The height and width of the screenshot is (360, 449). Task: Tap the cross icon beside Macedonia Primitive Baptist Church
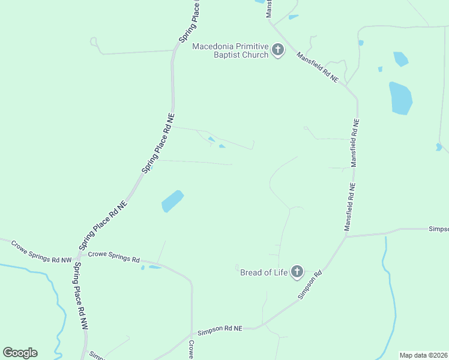[278, 50]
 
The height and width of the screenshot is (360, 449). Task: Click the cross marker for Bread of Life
[297, 272]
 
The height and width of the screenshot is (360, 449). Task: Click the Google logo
[20, 353]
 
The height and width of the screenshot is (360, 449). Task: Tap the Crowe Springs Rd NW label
[41, 252]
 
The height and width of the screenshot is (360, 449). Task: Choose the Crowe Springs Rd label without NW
[113, 257]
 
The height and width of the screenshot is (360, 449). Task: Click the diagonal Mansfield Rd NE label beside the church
[318, 67]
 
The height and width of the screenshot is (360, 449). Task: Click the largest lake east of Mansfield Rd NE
[400, 98]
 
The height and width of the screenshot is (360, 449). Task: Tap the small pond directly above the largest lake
[400, 59]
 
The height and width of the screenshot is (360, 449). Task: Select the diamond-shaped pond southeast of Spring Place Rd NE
[172, 200]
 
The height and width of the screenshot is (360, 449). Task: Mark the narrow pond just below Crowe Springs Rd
[155, 267]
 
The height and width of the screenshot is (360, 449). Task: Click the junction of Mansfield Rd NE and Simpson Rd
[345, 236]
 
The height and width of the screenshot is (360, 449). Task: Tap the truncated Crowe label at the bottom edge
[191, 350]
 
